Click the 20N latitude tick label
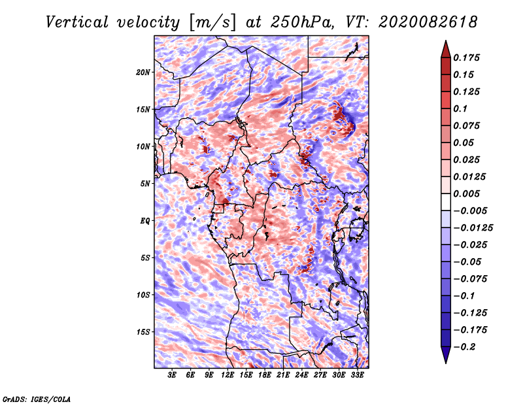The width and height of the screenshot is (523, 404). tap(143, 73)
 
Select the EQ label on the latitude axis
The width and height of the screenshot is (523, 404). tap(145, 221)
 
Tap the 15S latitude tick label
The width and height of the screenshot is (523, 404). tap(143, 332)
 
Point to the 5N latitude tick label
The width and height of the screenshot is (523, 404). tap(145, 184)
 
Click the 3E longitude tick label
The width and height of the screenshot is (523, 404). tap(172, 375)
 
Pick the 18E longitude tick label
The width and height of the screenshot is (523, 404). tap(265, 375)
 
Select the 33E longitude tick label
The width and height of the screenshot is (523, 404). tap(357, 375)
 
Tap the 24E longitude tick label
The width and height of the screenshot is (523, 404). tap(301, 375)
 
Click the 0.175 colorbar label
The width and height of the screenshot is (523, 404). tap(466, 58)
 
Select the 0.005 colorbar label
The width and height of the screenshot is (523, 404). tap(466, 194)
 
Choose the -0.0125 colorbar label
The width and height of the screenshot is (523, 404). tap(473, 228)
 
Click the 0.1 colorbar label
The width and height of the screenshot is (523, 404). tap(460, 109)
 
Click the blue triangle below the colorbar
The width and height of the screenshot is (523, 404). tap(446, 354)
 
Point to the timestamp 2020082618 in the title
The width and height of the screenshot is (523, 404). tap(428, 22)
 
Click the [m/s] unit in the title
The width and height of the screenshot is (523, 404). tap(212, 23)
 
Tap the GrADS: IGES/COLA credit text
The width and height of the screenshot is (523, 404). tap(37, 399)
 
